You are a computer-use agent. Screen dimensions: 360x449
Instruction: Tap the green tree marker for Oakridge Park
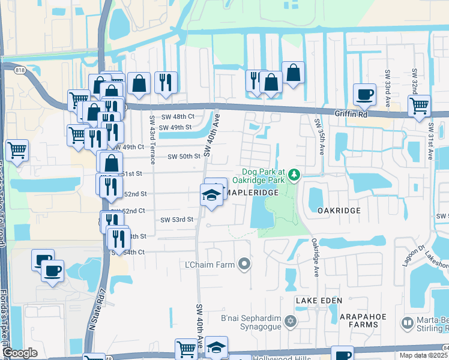click(x=294, y=175)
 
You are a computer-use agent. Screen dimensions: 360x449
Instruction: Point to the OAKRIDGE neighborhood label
click(x=339, y=211)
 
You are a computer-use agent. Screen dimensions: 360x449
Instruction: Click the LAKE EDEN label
click(x=319, y=300)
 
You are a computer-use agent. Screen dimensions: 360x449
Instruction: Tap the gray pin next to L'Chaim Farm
click(x=244, y=263)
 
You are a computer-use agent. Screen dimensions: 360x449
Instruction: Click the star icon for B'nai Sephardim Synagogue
click(x=291, y=321)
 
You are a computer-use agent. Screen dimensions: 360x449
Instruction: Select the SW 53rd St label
click(x=176, y=220)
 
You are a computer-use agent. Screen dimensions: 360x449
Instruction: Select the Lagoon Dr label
click(x=408, y=259)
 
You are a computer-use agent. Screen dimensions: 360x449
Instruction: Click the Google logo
click(x=20, y=353)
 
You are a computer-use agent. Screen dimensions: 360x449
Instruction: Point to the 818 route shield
click(x=20, y=70)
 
